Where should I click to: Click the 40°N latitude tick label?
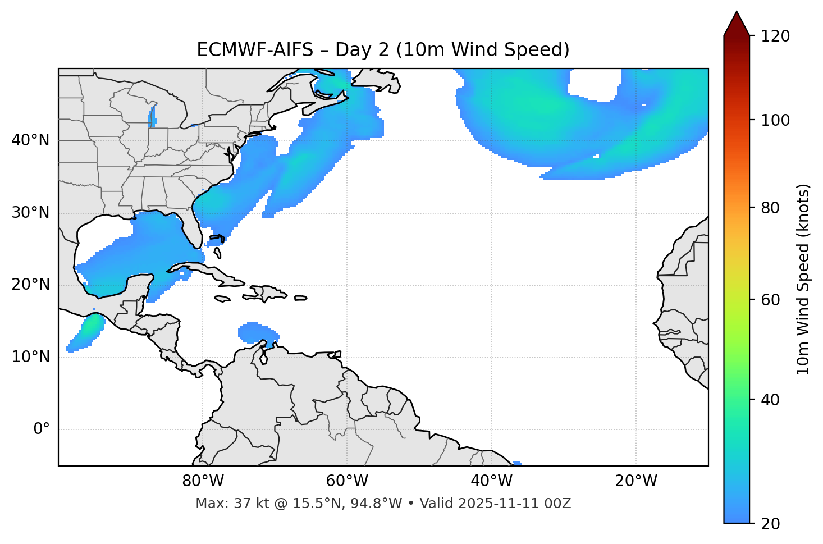coord(30,140)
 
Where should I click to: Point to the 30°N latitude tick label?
coord(30,213)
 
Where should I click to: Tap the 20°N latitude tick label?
coord(30,285)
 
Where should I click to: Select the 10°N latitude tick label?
coord(30,357)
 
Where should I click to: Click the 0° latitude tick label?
coord(42,429)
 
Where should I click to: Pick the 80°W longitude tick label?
coord(203,481)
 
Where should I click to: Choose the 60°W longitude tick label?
coord(347,481)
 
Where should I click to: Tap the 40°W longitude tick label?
coord(491,481)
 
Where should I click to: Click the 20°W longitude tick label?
coord(636,481)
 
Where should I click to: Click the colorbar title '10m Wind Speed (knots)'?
coord(803,280)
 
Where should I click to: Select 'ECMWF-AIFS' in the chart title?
coord(255,50)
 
